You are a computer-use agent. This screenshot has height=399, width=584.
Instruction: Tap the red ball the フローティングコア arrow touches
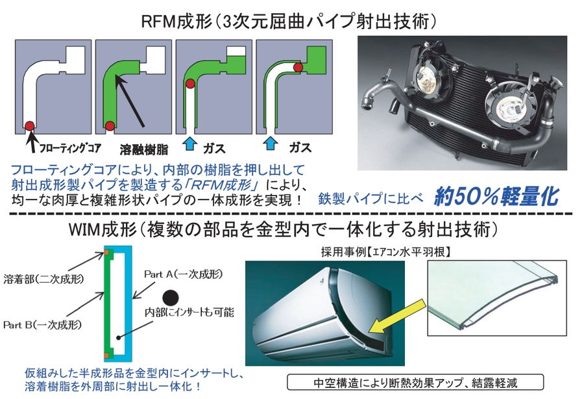coord(29,124)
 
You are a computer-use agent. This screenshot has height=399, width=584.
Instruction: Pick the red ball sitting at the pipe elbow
coord(191,84)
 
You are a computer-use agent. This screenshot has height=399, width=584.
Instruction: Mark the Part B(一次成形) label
coord(38,322)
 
